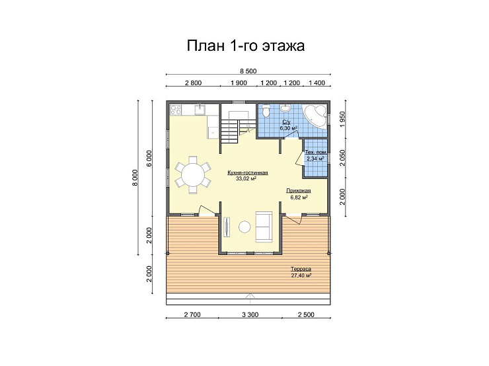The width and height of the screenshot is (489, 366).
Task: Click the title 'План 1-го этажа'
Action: coord(246,46)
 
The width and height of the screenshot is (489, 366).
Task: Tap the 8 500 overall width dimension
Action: coord(248,71)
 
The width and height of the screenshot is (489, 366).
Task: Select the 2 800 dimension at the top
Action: coord(194,83)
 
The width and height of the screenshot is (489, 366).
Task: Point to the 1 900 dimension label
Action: coord(239,83)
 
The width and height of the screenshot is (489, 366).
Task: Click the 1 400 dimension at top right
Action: coord(317,83)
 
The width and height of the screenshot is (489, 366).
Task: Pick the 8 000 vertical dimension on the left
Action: coord(135,178)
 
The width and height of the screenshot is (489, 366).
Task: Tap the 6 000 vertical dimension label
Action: coord(149,159)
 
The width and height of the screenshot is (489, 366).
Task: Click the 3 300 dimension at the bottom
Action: coord(250,315)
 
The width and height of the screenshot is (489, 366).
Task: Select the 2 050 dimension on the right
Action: coord(343,158)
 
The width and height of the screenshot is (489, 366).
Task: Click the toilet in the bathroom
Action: coord(266,110)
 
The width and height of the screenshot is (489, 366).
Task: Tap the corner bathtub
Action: coord(315,116)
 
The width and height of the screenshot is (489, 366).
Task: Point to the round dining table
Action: coord(193,174)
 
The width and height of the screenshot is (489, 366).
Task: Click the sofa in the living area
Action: coord(264,227)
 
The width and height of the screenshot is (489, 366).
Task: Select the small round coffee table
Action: coord(244,227)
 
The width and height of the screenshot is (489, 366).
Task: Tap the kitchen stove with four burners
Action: coord(176,110)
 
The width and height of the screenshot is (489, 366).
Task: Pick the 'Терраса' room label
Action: coord(301,269)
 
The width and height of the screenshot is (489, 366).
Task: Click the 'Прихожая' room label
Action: coord(299,191)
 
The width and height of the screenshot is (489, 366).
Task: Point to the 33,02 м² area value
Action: coord(246,179)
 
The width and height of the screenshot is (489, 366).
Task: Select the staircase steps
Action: coord(230,132)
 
